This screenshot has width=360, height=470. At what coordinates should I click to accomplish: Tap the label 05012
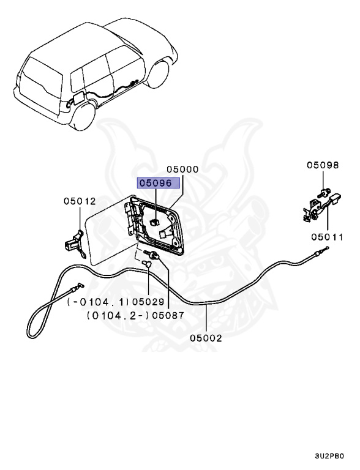pos(80,200)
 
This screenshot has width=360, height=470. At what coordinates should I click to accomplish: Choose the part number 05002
pos(206,337)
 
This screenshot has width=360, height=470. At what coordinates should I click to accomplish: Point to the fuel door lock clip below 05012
pos(73,238)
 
